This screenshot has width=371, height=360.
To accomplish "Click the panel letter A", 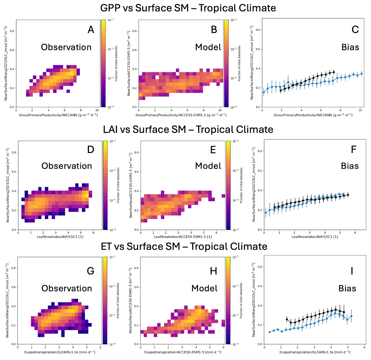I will (91, 29).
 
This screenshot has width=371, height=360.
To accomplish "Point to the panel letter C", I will (355, 29).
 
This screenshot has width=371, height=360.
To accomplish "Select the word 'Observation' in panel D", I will (66, 166).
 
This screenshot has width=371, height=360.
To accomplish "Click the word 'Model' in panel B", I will (208, 47).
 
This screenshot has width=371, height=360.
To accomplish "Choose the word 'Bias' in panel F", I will (350, 166).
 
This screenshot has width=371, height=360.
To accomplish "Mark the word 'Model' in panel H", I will (204, 288).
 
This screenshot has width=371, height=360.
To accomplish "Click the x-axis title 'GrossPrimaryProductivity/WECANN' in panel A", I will (58, 115).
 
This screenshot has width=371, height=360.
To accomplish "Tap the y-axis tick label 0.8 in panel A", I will (12, 31).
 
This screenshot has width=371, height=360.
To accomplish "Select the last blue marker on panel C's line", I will (362, 73).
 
